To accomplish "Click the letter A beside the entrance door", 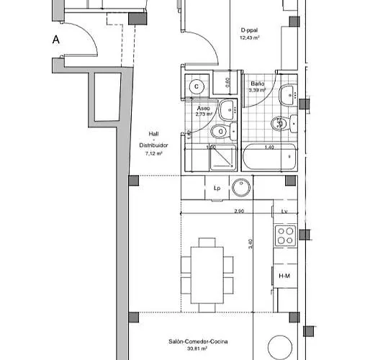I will click(55, 40).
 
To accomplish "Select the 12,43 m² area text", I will click(251, 37).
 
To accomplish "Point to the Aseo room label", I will click(204, 107).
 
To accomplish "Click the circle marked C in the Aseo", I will click(196, 86).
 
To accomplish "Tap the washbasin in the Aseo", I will click(227, 109).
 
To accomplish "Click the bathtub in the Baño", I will click(269, 158).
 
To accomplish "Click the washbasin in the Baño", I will click(289, 94).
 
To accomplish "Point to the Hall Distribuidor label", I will click(153, 139).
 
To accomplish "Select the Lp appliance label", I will click(217, 188).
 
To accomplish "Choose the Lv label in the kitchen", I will click(285, 211).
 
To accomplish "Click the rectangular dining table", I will click(206, 266).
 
